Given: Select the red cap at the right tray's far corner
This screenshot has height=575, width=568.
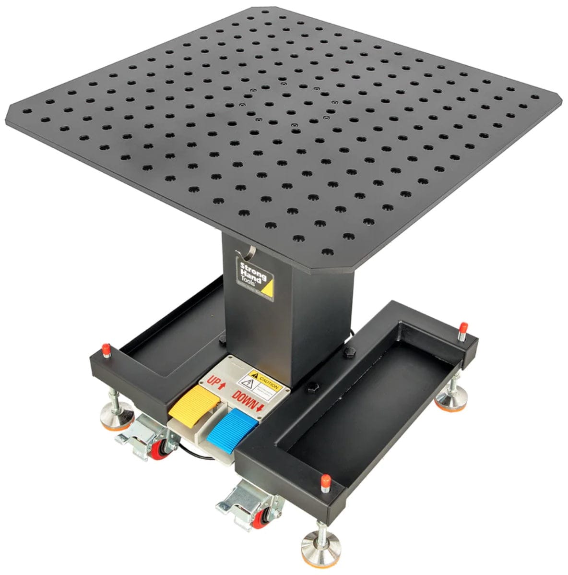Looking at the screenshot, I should [x=462, y=330].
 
